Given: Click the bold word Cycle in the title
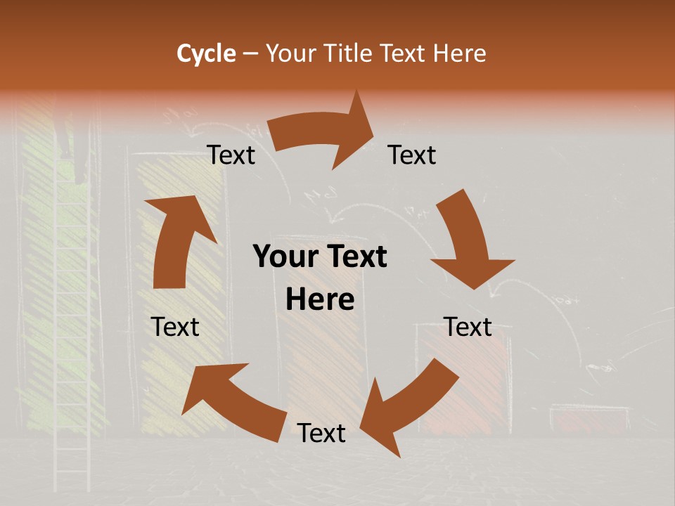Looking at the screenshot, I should pyautogui.click(x=206, y=53).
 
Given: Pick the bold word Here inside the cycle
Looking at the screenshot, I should pyautogui.click(x=320, y=300).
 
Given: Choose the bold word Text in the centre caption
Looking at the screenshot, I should pyautogui.click(x=355, y=257).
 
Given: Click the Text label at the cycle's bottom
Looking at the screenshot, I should pyautogui.click(x=321, y=433).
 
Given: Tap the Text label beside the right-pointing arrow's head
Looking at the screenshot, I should pyautogui.click(x=412, y=155).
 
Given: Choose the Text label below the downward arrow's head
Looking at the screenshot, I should pyautogui.click(x=468, y=327).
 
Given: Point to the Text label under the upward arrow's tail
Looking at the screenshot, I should pyautogui.click(x=175, y=327).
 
